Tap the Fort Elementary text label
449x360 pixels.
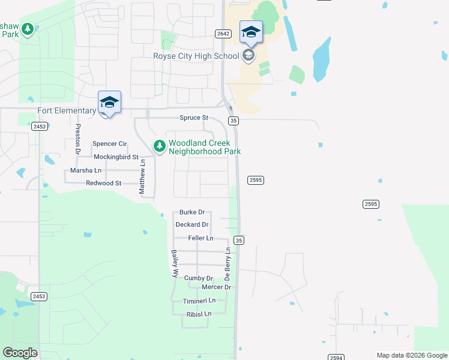point(67,111)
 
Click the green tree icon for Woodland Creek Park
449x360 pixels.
point(159,146)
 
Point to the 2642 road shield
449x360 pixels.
point(223,34)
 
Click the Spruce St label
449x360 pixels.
point(193,118)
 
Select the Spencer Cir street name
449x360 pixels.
point(110,144)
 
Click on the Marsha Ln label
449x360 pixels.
point(85,170)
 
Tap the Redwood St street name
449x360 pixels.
point(103,183)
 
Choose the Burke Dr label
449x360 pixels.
point(192,212)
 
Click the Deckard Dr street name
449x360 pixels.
point(192,225)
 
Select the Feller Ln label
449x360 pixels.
point(200,238)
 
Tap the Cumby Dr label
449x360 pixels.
point(199,278)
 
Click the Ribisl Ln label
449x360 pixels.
point(199,314)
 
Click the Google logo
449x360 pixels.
point(20,353)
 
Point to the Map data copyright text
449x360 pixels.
point(412,355)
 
